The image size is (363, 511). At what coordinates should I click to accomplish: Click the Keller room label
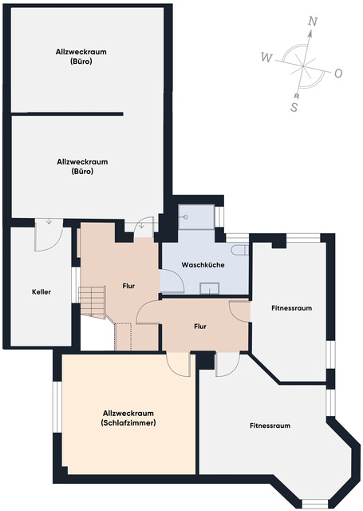(41, 291)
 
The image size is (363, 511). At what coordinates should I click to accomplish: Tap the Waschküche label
(203, 264)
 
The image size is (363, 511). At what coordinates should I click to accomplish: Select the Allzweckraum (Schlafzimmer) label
(128, 418)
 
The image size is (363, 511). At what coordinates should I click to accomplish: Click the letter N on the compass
(313, 22)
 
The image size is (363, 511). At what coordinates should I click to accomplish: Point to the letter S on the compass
(294, 107)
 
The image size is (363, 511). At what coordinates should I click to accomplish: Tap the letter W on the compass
(266, 57)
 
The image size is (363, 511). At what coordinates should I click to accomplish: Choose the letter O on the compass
(338, 73)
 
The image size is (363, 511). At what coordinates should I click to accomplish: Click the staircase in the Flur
(93, 302)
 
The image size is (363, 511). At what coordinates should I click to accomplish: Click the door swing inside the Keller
(49, 235)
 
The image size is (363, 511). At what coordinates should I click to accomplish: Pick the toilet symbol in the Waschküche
(240, 250)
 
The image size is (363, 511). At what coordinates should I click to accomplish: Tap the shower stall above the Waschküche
(196, 216)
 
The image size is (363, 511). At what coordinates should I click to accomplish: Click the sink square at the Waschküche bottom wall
(210, 288)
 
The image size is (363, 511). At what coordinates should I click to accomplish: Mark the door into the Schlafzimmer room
(178, 364)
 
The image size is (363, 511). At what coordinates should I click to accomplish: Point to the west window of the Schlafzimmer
(57, 406)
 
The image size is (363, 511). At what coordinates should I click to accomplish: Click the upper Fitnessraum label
(292, 308)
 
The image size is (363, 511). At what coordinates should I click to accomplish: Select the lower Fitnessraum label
(270, 426)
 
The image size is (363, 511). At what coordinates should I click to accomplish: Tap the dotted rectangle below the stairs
(124, 337)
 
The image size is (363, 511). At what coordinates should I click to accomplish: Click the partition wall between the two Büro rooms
(67, 113)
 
